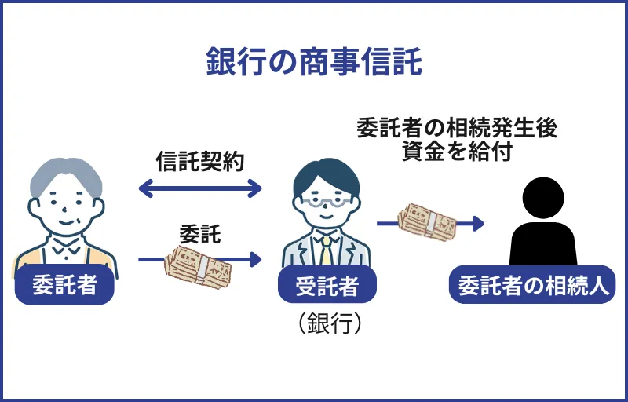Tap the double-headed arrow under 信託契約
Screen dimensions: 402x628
click(199, 188)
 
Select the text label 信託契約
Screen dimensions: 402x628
click(199, 162)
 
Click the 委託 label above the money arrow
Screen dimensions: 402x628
click(199, 233)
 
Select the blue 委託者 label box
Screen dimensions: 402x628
click(65, 284)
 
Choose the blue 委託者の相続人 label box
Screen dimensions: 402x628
click(532, 284)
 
